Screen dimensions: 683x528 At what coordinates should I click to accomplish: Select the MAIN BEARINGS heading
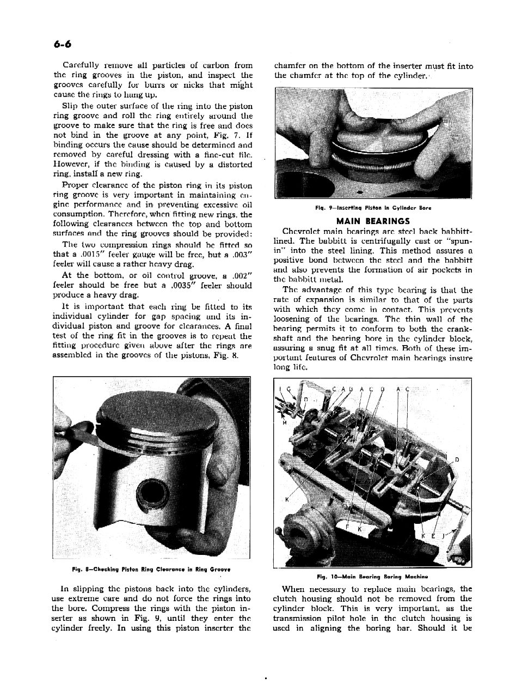(373, 221)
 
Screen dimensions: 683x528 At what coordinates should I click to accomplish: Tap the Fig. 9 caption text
(373, 208)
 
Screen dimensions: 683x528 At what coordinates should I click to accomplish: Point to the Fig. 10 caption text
(373, 576)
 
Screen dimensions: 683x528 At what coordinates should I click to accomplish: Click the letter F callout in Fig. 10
(348, 527)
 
